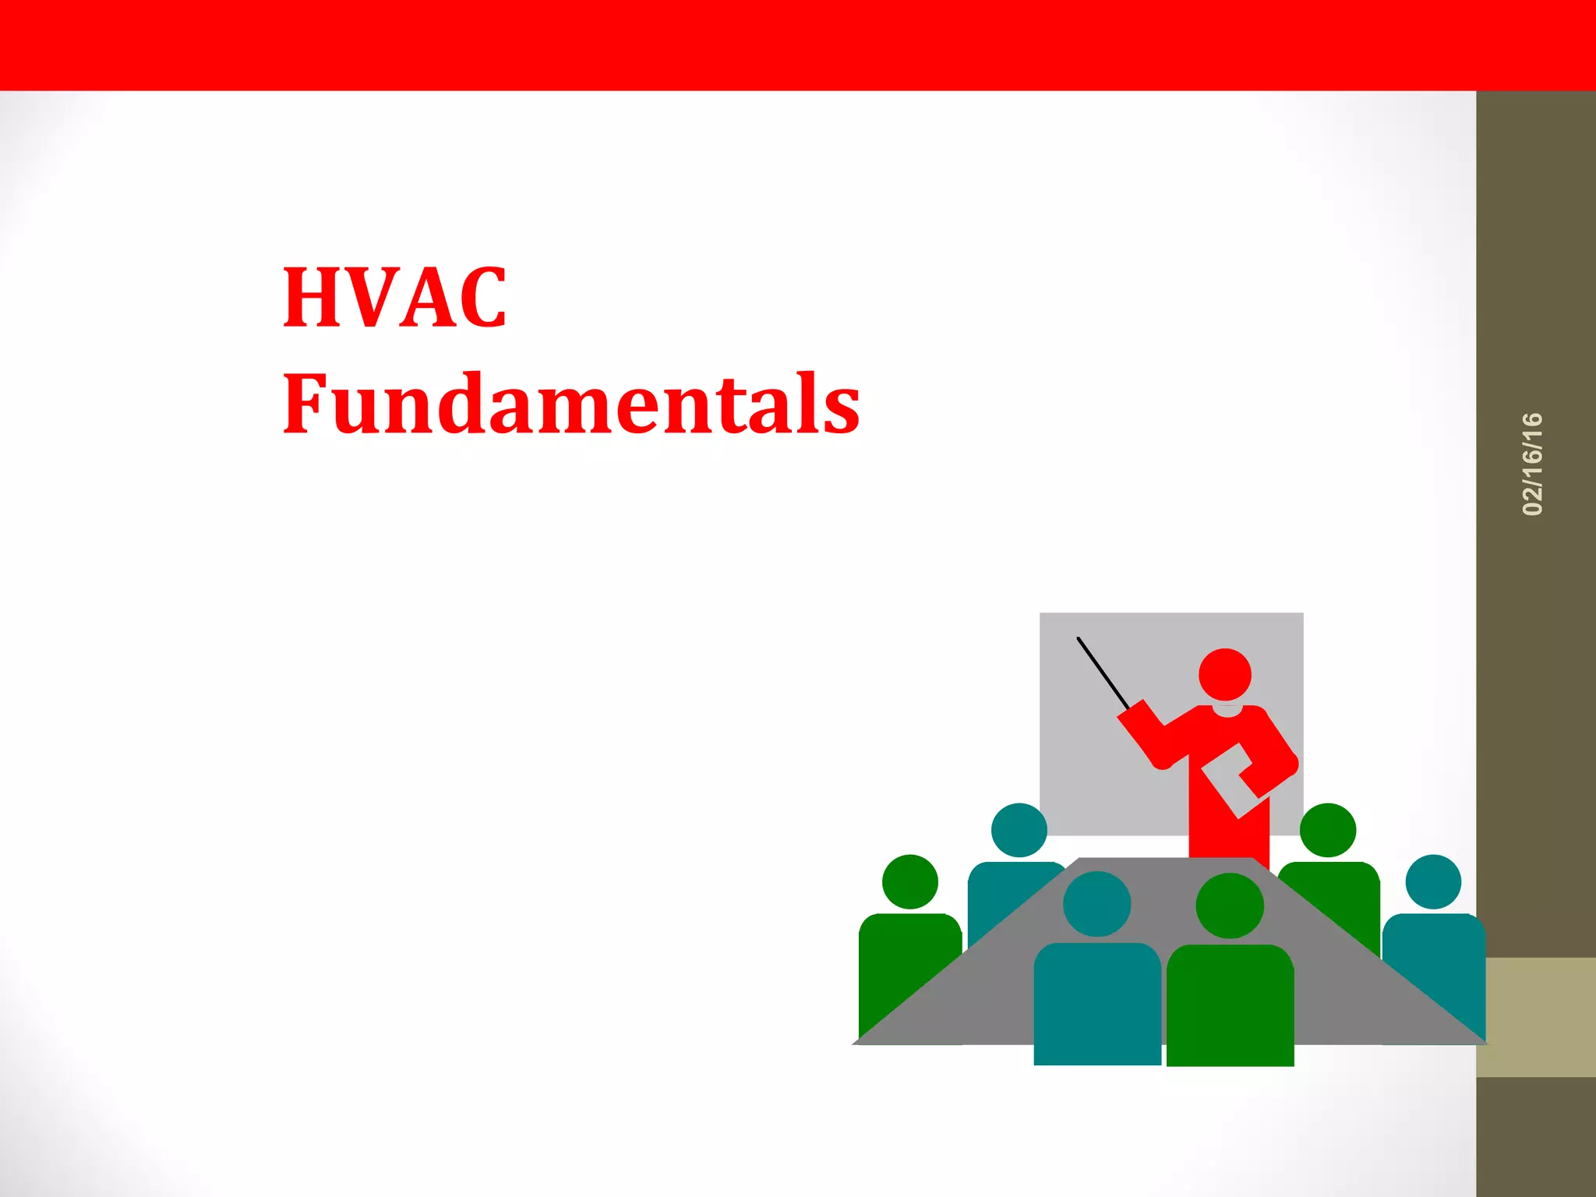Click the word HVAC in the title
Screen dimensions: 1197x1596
tap(394, 298)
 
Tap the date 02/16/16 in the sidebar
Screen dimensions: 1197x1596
tap(1532, 464)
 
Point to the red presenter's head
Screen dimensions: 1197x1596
tap(1224, 674)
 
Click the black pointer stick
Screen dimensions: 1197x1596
tap(1103, 672)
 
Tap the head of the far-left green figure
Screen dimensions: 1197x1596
tap(909, 881)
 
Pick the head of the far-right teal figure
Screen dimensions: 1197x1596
tap(1432, 881)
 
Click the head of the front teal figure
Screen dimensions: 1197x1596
tap(1096, 904)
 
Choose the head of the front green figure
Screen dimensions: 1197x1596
tap(1229, 906)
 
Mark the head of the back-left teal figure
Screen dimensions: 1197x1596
tap(1019, 830)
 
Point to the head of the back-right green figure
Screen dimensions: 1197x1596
tap(1328, 830)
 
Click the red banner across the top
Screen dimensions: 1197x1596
tap(798, 45)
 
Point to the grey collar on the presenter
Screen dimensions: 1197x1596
tap(1227, 710)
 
